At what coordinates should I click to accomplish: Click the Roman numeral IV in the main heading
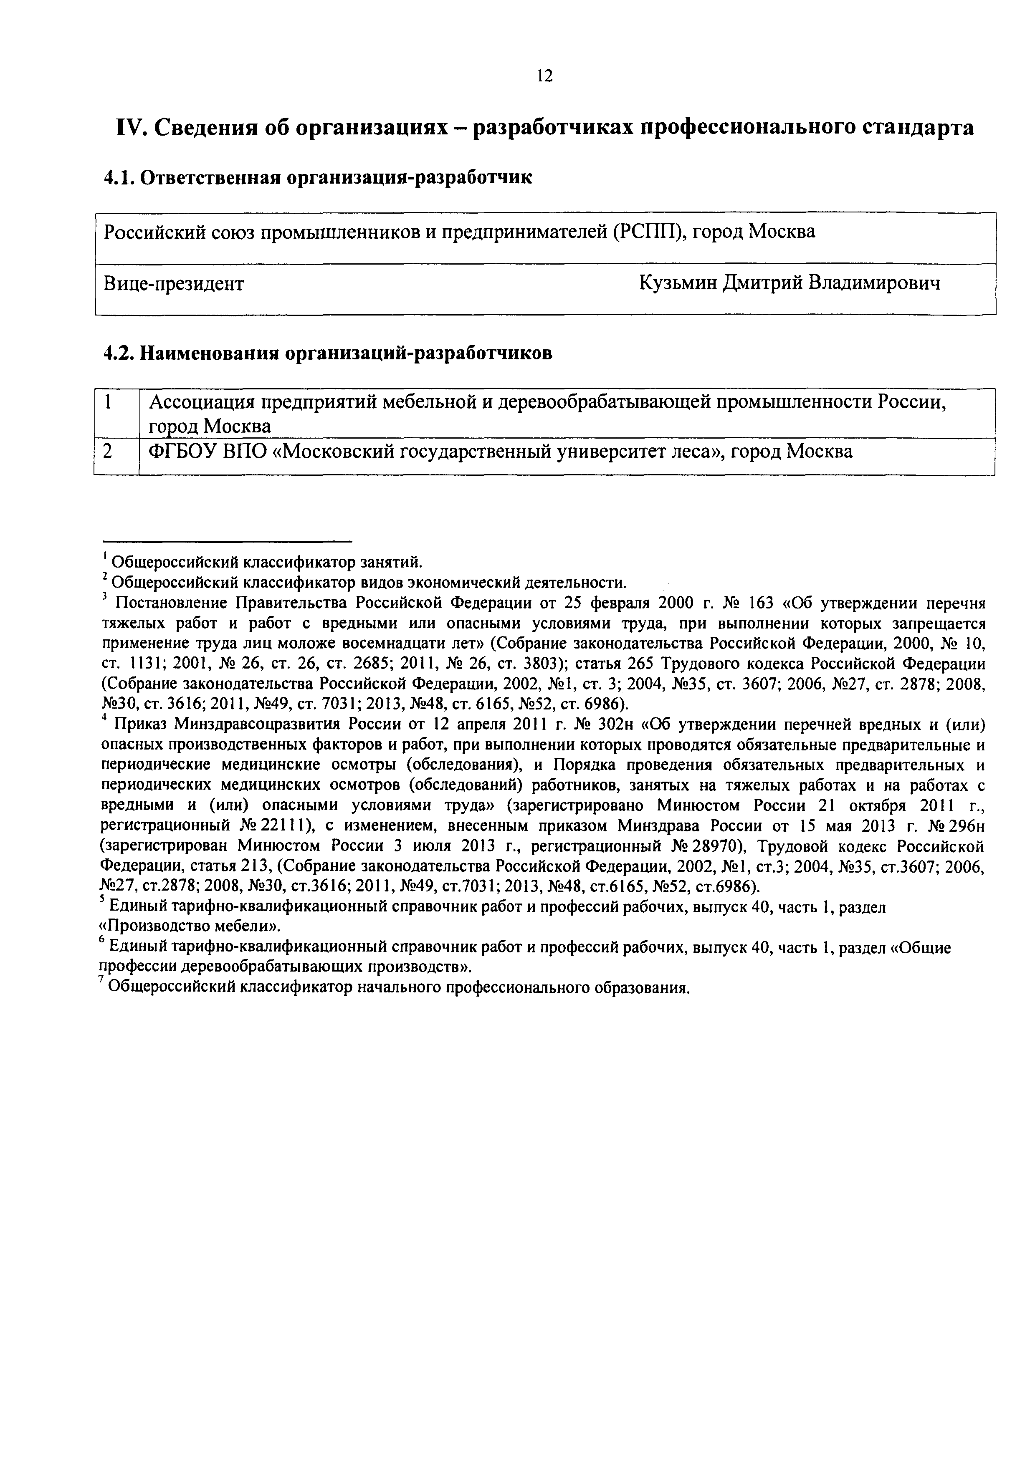132,128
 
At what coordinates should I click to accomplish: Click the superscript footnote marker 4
104,719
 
